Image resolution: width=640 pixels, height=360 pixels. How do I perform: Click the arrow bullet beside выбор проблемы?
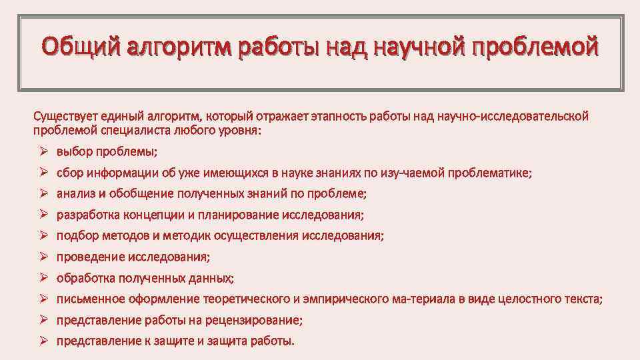41,151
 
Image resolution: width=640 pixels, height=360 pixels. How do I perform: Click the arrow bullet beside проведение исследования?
41,257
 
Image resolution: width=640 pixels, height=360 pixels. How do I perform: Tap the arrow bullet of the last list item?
41,341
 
